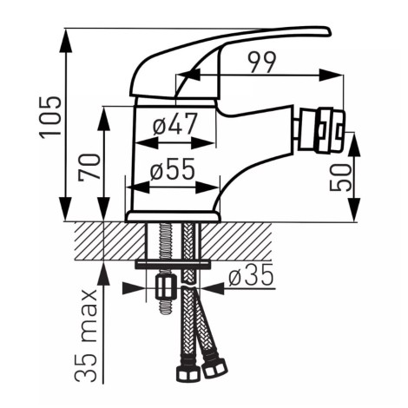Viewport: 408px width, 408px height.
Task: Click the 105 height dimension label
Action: click(50, 117)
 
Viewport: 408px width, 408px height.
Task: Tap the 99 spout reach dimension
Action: click(263, 63)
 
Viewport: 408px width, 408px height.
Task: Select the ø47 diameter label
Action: click(175, 124)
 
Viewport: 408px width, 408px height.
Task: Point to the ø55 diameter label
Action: click(173, 169)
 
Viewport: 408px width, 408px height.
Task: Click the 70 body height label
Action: click(89, 168)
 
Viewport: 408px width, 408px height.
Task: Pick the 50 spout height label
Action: click(340, 177)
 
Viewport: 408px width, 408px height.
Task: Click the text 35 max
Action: click(85, 335)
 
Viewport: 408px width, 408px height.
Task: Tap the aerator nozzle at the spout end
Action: click(321, 129)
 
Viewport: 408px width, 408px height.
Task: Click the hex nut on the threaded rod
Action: click(167, 287)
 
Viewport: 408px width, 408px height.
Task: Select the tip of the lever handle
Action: click(329, 31)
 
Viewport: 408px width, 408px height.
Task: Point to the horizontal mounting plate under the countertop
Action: click(173, 263)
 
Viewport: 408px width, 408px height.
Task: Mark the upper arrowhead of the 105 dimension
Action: click(66, 40)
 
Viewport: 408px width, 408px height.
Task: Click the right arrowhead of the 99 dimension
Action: click(332, 76)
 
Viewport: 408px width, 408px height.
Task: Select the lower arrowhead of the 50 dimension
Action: click(354, 210)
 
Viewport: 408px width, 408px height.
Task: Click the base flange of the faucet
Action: click(173, 216)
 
